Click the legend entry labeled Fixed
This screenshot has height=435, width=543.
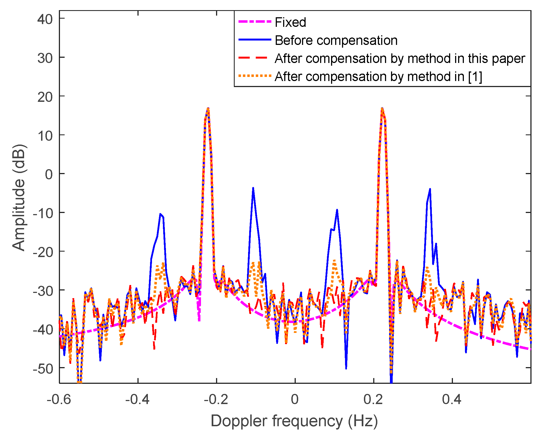(290, 22)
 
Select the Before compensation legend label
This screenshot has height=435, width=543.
(336, 41)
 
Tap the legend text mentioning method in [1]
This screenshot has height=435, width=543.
(378, 77)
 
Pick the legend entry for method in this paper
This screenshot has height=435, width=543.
(400, 59)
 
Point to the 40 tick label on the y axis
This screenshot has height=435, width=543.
(45, 19)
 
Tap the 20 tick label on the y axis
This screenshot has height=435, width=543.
(45, 97)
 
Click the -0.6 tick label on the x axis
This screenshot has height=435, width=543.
(59, 399)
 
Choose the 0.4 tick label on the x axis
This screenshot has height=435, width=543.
(452, 399)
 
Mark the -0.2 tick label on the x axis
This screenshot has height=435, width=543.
(216, 399)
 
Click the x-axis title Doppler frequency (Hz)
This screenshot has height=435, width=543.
(294, 421)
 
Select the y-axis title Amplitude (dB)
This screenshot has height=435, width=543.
(19, 197)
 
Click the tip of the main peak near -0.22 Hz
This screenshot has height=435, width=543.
(208, 108)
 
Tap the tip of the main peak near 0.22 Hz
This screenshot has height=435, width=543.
(382, 108)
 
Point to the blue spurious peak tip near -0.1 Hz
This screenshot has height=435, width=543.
(253, 188)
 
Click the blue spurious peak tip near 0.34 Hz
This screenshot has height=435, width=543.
(430, 189)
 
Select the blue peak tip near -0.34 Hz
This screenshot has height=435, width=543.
(160, 214)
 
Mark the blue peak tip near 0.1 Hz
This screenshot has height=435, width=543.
(337, 210)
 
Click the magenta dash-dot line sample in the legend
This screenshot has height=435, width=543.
(255, 22)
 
